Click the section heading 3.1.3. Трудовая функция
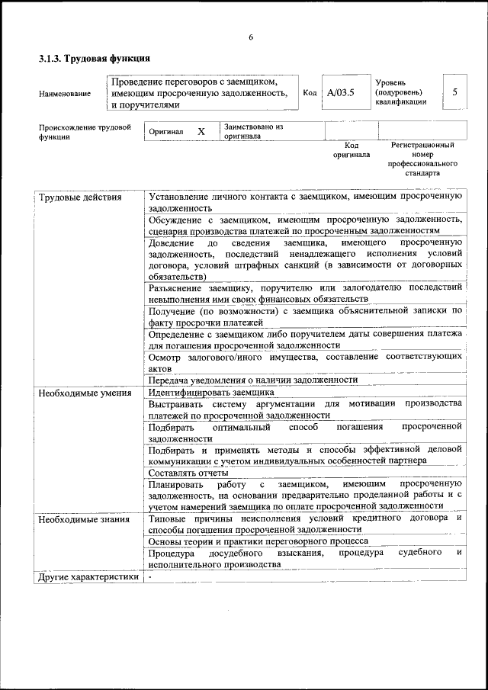[94, 59]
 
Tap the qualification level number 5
[454, 92]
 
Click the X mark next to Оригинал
[201, 131]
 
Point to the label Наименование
[64, 94]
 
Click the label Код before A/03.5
[310, 92]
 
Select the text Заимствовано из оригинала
[252, 131]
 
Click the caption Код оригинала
[351, 149]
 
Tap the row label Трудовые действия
[80, 197]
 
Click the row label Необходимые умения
[85, 393]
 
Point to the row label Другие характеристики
[88, 576]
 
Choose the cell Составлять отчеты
[188, 473]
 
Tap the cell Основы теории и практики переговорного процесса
[258, 541]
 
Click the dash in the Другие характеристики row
[151, 576]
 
